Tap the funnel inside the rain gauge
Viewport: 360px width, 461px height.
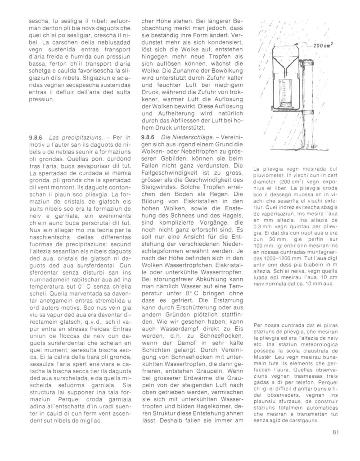tap(288, 61)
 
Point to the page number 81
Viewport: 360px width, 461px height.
tap(335, 433)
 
